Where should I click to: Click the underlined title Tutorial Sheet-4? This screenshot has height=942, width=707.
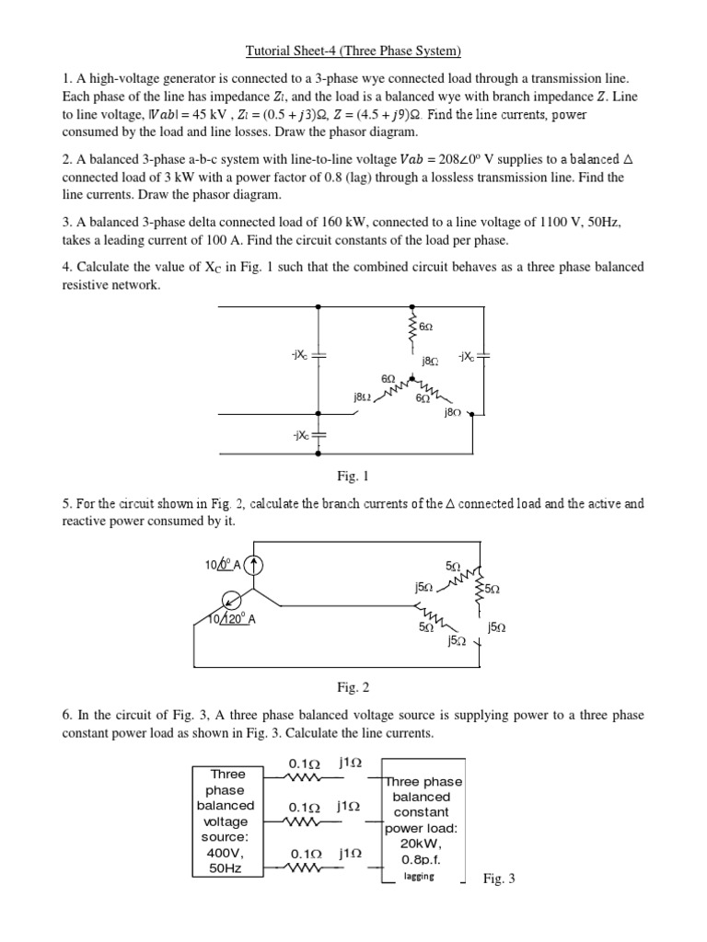tap(353, 50)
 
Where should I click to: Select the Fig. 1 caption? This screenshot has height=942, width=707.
tap(353, 477)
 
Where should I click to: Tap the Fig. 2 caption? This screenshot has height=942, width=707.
tap(353, 686)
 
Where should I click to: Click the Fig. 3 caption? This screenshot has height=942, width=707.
tap(499, 879)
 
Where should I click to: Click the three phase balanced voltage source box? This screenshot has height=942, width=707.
tap(227, 821)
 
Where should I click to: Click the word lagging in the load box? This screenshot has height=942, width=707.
tap(419, 876)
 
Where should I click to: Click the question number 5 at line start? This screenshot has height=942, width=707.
tap(65, 503)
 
